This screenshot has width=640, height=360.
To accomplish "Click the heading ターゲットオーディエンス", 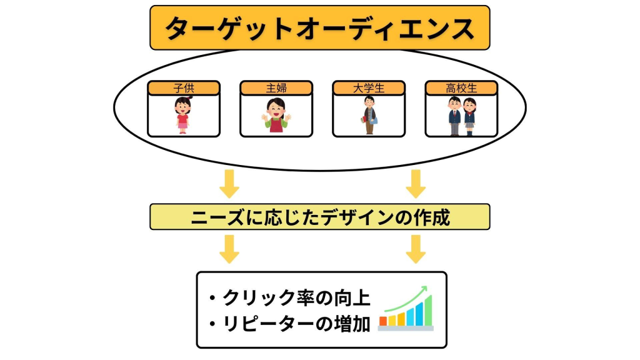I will tap(319, 28).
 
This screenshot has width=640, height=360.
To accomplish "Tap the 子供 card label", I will tap(184, 88).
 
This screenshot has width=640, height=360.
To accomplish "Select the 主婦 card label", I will tap(276, 88).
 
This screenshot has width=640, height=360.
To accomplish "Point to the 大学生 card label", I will tap(369, 88).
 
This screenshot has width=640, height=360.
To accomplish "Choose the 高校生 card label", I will tap(461, 88).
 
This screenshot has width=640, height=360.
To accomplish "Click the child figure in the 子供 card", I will tap(182, 116).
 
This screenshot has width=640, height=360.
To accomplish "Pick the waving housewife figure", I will tap(276, 116).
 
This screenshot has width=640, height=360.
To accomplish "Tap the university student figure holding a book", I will tap(369, 116).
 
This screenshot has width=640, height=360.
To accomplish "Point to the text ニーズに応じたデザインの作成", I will tap(319, 217).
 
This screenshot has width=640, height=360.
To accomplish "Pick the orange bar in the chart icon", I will tap(383, 321).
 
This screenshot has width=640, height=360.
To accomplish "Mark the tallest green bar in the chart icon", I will tap(428, 311).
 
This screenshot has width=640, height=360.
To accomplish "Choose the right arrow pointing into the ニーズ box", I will tap(416, 183).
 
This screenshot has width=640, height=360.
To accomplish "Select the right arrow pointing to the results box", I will tap(416, 249).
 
